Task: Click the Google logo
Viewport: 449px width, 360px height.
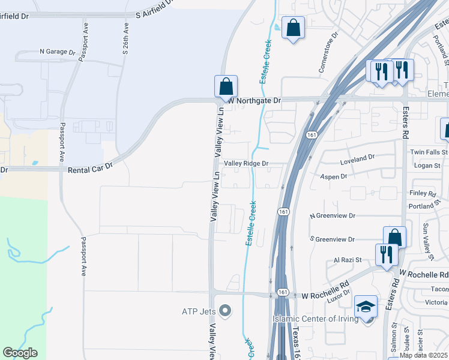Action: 20,353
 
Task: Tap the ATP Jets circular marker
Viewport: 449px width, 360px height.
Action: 225,310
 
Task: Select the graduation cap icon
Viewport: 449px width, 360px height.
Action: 366,307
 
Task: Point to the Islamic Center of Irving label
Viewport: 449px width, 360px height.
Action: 316,319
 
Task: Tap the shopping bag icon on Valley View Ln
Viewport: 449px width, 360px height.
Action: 226,86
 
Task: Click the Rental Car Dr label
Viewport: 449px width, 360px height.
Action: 90,170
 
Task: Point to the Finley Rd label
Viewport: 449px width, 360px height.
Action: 422,194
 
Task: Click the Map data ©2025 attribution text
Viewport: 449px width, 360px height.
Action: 423,355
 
